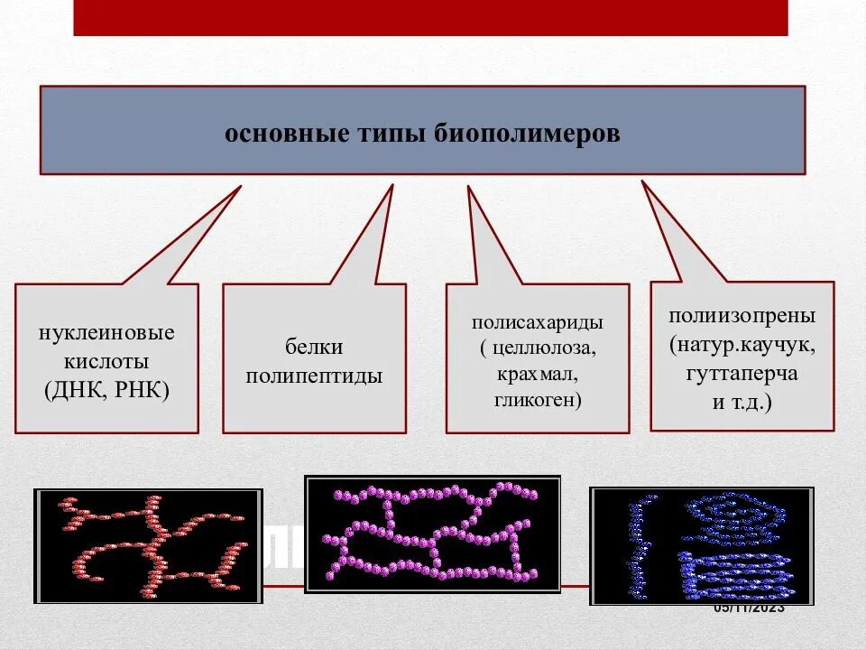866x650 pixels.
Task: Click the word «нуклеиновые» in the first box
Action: (106, 332)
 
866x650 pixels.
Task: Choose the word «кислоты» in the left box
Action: (106, 362)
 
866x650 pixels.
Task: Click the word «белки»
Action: (314, 348)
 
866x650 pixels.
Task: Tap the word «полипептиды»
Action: (314, 376)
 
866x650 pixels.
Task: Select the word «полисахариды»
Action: (537, 322)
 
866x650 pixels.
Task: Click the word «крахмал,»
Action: (537, 374)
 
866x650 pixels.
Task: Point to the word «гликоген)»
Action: (538, 399)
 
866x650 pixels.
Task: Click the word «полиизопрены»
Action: (742, 317)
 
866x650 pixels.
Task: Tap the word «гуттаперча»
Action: (742, 374)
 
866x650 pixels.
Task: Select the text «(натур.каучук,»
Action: (742, 345)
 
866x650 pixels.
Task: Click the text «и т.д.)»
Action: (742, 402)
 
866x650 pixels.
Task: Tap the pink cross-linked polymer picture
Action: (433, 534)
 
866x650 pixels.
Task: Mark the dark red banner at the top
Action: (430, 17)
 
